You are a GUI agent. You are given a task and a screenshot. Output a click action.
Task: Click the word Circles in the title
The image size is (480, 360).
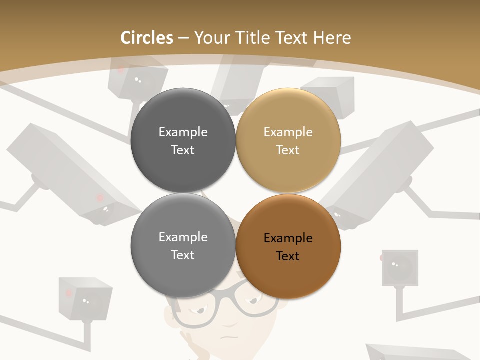[147, 38]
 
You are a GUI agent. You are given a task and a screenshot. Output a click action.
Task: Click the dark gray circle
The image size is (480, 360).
[183, 140]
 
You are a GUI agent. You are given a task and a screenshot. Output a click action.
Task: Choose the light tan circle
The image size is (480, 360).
[288, 140]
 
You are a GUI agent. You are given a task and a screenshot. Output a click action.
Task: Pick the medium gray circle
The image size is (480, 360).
[183, 246]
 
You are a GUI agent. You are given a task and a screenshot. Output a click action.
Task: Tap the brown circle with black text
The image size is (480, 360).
[288, 246]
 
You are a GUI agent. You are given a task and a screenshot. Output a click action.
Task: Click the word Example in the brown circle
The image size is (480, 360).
[288, 238]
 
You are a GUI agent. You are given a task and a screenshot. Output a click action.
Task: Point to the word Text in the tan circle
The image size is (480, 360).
[288, 150]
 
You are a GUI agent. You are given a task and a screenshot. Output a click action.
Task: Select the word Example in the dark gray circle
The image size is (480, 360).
[183, 132]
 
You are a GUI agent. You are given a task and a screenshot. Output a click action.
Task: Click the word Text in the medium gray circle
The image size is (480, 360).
[183, 255]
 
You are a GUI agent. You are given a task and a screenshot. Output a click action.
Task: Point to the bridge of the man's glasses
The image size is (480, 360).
[235, 302]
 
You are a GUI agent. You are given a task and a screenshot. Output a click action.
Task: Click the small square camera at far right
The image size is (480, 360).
[400, 267]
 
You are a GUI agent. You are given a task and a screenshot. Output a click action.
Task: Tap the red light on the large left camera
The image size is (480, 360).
[100, 198]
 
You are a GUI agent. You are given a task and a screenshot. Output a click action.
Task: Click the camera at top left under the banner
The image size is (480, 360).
[137, 80]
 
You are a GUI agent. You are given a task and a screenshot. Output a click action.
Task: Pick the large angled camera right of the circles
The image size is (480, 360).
[380, 175]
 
